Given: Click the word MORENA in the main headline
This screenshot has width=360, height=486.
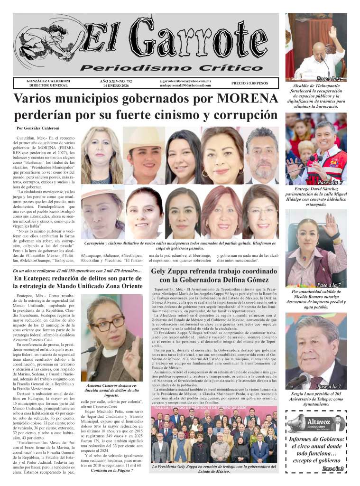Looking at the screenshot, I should (x=248, y=99).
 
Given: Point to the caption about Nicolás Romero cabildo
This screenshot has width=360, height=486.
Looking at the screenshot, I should (x=317, y=299).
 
